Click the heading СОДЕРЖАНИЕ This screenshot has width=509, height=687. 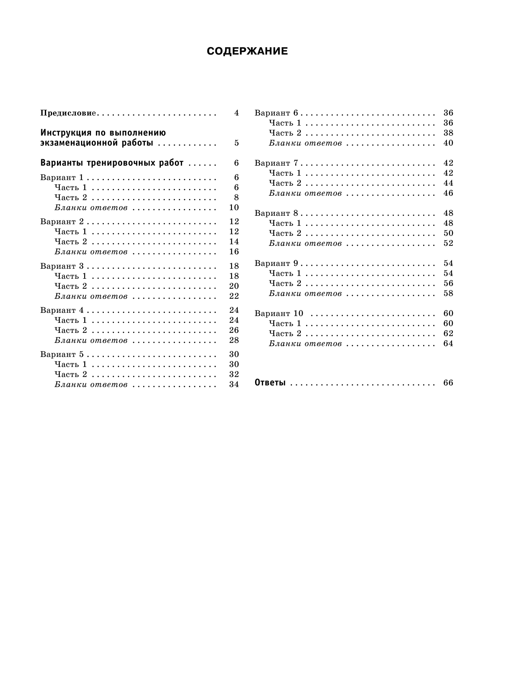coord(247,51)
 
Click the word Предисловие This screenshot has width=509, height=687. coord(68,113)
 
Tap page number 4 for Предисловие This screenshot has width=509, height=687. coord(236,113)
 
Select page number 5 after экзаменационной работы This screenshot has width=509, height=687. coord(236,143)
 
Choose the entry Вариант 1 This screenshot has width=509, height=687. coord(62,177)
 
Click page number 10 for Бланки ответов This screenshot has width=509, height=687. coord(233,207)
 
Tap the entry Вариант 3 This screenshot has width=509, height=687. coord(62,266)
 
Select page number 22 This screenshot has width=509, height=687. coord(233,296)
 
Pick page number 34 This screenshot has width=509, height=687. coord(233,384)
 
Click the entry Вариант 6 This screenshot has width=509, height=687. coord(276,113)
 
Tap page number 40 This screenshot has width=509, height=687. coord(448,143)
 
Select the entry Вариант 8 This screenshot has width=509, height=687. coord(276,213)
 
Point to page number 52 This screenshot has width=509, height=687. coord(448,243)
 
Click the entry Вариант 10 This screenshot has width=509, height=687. coord(279,314)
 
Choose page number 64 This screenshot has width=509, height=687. coord(448,344)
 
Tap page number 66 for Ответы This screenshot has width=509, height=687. coord(448,383)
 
